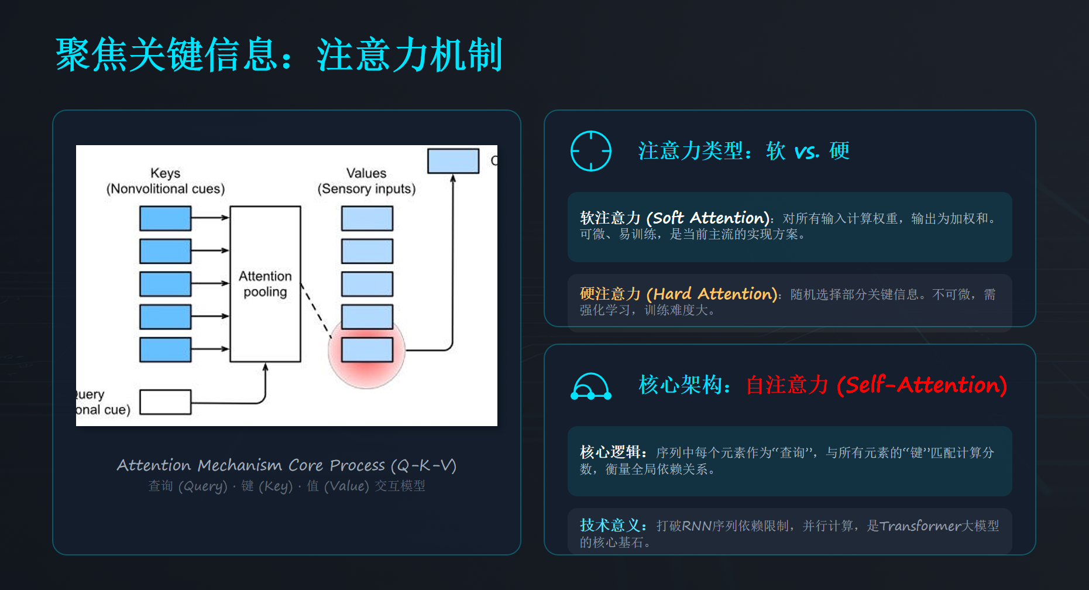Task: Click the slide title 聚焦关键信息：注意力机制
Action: pos(279,54)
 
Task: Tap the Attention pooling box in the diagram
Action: pos(265,284)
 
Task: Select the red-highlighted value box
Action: pos(367,350)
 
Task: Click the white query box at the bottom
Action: pos(165,402)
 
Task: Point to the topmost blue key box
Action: pos(165,218)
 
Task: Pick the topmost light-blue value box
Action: pos(367,218)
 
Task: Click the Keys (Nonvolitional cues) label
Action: pos(165,181)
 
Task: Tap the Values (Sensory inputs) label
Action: pos(366,181)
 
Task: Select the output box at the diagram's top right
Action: pos(453,160)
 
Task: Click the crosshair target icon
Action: pos(591,151)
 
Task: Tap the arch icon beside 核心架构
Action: pos(591,386)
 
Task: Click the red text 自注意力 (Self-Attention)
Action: pos(876,385)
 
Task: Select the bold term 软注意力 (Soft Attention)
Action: pos(674,218)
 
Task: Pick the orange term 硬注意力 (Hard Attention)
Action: pos(678,294)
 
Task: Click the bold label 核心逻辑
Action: pos(613,452)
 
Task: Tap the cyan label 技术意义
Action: pos(613,526)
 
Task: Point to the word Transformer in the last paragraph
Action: pos(920,526)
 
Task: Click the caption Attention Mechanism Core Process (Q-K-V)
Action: pos(286,465)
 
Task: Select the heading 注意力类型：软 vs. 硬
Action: pos(743,151)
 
